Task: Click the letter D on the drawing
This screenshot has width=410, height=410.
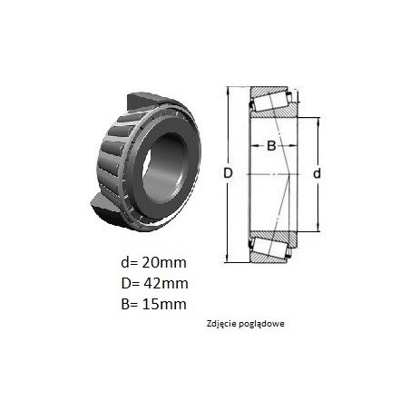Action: pos(228,173)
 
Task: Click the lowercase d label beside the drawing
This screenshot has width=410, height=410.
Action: pos(317,173)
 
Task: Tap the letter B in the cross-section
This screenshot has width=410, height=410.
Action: pos(271,146)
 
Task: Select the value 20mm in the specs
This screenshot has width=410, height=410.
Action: pos(164,262)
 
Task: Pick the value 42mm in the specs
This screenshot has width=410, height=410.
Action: pos(166,283)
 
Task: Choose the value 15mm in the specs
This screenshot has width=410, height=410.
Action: pos(164,304)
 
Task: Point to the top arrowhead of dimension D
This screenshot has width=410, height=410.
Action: pos(228,90)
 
